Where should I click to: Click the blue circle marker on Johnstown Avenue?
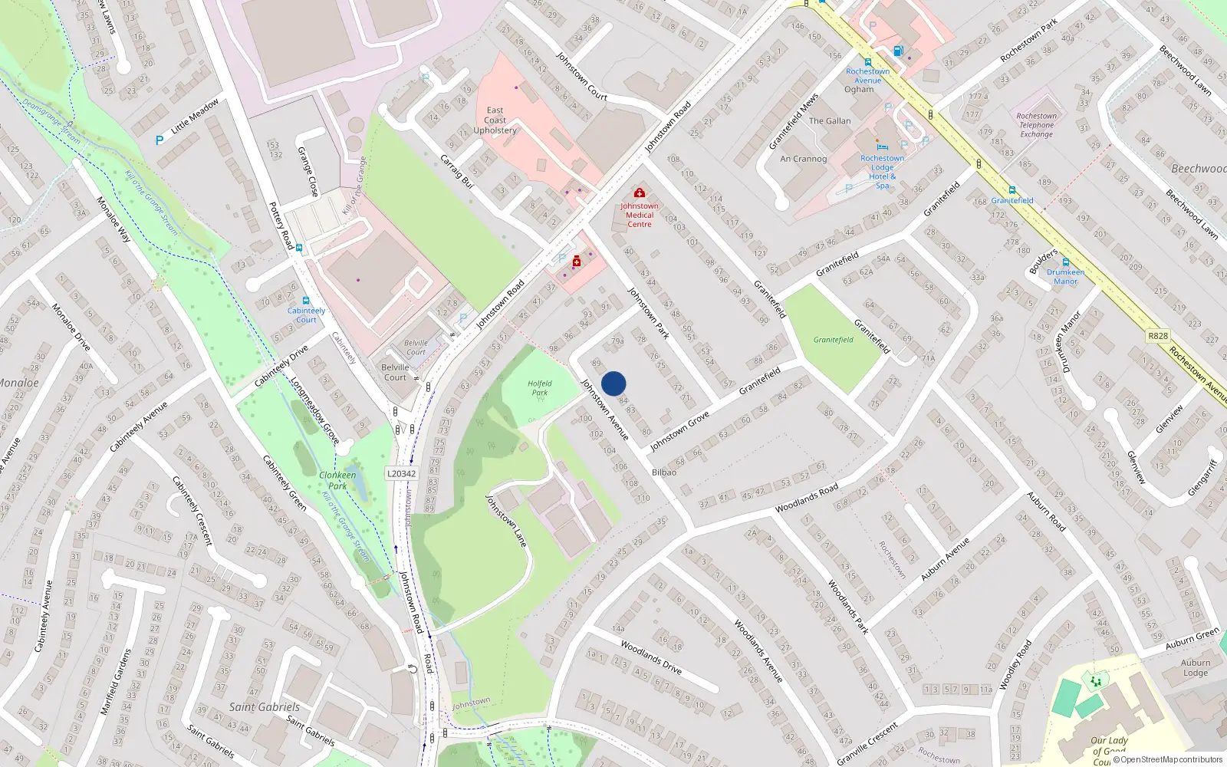613,383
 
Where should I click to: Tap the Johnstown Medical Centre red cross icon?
640,193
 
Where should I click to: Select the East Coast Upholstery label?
495,120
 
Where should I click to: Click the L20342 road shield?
401,474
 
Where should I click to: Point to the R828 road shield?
1158,336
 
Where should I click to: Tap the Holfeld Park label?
540,388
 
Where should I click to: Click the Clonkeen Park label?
337,480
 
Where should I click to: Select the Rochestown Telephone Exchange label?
1036,125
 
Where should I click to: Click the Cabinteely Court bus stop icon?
306,301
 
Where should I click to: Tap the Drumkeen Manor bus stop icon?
1065,262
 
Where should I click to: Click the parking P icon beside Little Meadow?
160,140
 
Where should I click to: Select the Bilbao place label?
664,472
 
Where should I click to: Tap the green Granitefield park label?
833,340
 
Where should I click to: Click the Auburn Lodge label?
1195,667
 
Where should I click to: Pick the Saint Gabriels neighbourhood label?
265,707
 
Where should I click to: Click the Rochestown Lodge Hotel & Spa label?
882,172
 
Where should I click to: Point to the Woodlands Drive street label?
651,657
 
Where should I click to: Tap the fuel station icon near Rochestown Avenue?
898,51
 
